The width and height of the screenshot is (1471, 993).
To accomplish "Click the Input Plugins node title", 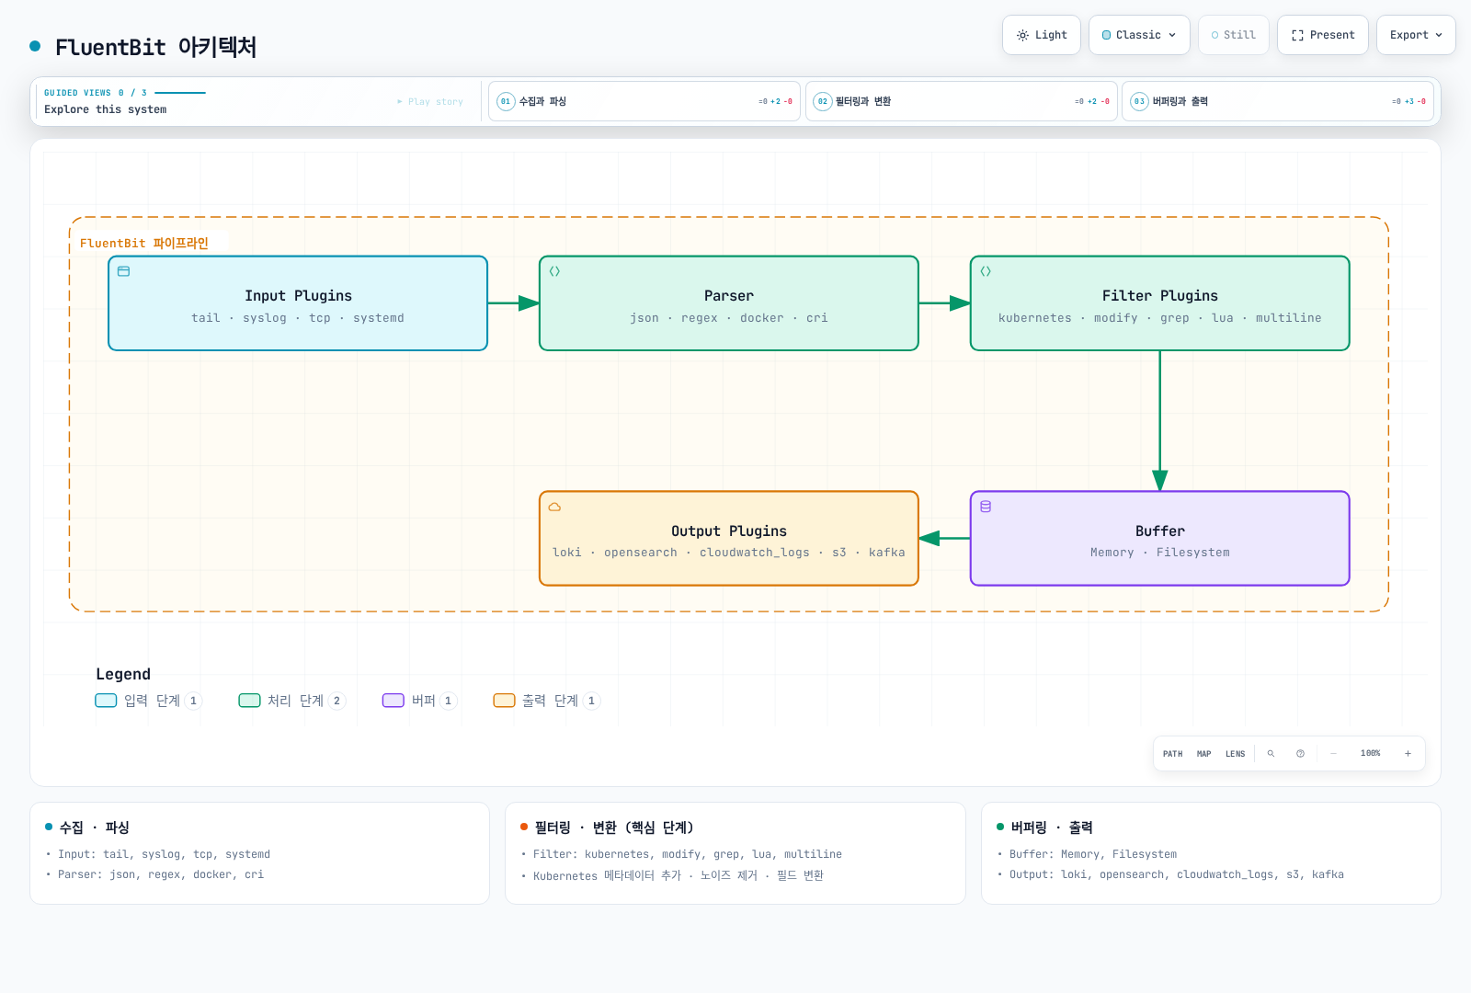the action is point(298,295).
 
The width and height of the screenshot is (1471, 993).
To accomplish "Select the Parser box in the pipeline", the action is point(729,303).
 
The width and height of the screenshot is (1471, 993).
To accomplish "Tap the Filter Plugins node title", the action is point(1159,295).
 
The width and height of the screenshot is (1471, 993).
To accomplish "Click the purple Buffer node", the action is point(1159,538).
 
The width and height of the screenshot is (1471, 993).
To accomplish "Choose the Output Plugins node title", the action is point(729,531).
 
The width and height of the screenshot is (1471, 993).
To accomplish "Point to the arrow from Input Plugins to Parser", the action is point(514,303).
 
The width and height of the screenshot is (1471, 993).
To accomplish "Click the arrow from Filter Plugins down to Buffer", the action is point(1159,421).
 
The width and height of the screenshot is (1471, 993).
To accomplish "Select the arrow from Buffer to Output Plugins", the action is point(944,539).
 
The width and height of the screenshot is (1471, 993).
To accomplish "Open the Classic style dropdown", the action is point(1139,35).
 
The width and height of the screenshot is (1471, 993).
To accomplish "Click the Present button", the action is point(1323,35).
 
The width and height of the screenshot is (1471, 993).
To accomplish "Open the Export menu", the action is point(1416,35).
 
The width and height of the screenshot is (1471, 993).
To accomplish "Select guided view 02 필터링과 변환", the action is point(962,101).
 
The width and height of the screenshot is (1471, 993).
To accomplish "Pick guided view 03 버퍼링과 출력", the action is point(1278,101).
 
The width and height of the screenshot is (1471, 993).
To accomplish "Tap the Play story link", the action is point(430,102).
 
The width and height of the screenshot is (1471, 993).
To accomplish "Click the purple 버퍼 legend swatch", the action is point(393,701).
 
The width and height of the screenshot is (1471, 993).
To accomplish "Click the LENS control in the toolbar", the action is point(1236,754).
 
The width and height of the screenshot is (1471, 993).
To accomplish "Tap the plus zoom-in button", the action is point(1408,754).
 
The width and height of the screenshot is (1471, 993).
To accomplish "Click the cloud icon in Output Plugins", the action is point(555,507).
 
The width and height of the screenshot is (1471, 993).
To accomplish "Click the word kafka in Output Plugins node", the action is point(886,553).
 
